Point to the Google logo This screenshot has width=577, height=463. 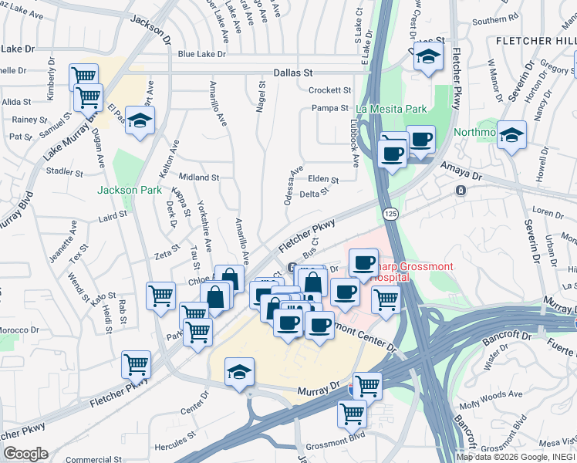[25, 454]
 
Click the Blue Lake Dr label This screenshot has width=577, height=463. [201, 55]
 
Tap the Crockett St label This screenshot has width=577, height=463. [329, 90]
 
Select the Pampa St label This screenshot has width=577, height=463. [330, 109]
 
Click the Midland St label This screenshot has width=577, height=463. [199, 177]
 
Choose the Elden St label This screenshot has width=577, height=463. [323, 180]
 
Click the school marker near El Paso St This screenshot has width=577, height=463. [140, 120]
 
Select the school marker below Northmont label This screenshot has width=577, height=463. [511, 135]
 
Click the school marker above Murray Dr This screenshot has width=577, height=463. [240, 372]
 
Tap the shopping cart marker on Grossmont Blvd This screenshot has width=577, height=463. [352, 413]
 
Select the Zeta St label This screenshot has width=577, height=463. [166, 254]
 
